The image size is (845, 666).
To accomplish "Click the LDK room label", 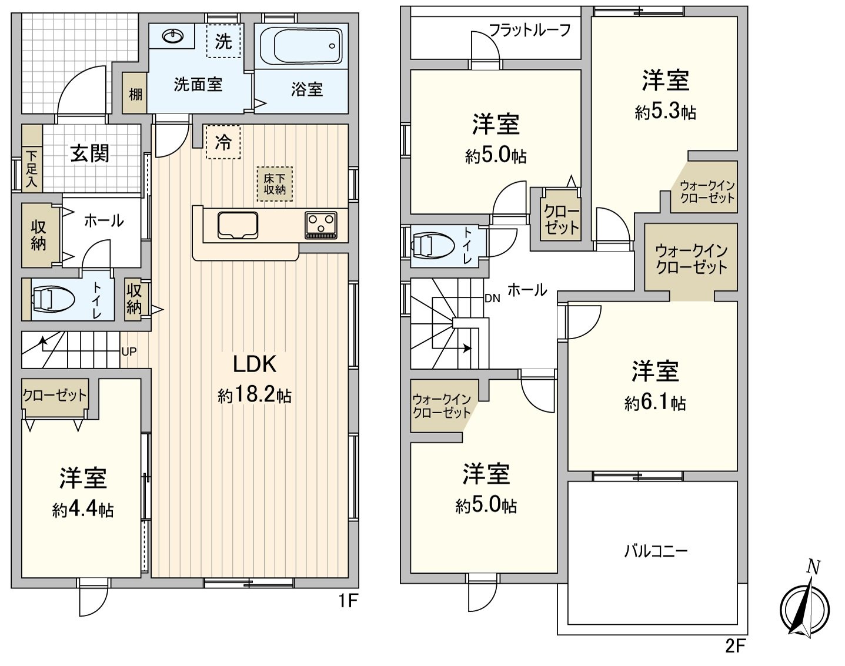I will coord(254,364).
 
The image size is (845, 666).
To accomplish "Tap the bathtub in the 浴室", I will coord(300,46).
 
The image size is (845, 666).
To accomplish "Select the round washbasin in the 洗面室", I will coord(172,37).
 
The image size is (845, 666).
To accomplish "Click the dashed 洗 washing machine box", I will coord(223,41).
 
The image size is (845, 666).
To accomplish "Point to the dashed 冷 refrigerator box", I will coord(223,142).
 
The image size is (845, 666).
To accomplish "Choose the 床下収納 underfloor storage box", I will coord(274,184).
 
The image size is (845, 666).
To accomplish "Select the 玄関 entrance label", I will coord(90,153).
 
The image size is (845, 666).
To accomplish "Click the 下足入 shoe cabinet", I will coord(32,169).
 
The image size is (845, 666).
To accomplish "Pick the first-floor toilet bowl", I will coord(54,299).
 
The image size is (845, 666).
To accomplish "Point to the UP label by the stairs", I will coord(129,352).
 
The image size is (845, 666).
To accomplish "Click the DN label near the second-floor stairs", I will coord(492,298).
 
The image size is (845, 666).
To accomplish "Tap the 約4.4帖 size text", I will coord(83,510).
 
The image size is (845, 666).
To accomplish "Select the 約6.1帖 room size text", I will coord(654,403).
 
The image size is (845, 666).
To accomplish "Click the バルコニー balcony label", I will coord(656,551).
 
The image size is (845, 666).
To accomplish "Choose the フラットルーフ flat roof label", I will coord(530,30).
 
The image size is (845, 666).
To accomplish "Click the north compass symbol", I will coord(805,606).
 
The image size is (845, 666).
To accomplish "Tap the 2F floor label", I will coord(735,646).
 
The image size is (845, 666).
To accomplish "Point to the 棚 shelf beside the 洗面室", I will coord(135,93).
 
